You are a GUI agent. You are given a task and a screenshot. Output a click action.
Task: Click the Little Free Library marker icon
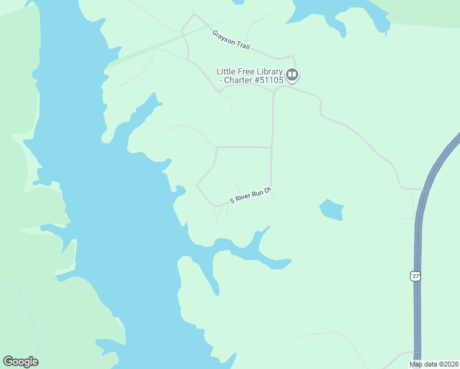[x=292, y=76]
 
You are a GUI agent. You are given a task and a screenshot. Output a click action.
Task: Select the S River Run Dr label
[x=250, y=196]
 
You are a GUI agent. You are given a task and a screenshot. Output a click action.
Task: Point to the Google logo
[x=20, y=362]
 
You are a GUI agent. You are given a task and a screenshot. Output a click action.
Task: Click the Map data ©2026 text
[x=434, y=364]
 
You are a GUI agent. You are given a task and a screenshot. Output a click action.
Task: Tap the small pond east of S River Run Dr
[x=331, y=210]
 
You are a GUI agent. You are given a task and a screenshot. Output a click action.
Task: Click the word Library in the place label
[x=268, y=71]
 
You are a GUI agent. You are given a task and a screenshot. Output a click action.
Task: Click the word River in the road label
[x=244, y=198]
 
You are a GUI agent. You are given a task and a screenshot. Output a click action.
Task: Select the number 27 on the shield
[x=416, y=277]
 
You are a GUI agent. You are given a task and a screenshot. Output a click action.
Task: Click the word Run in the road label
[x=258, y=193]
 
